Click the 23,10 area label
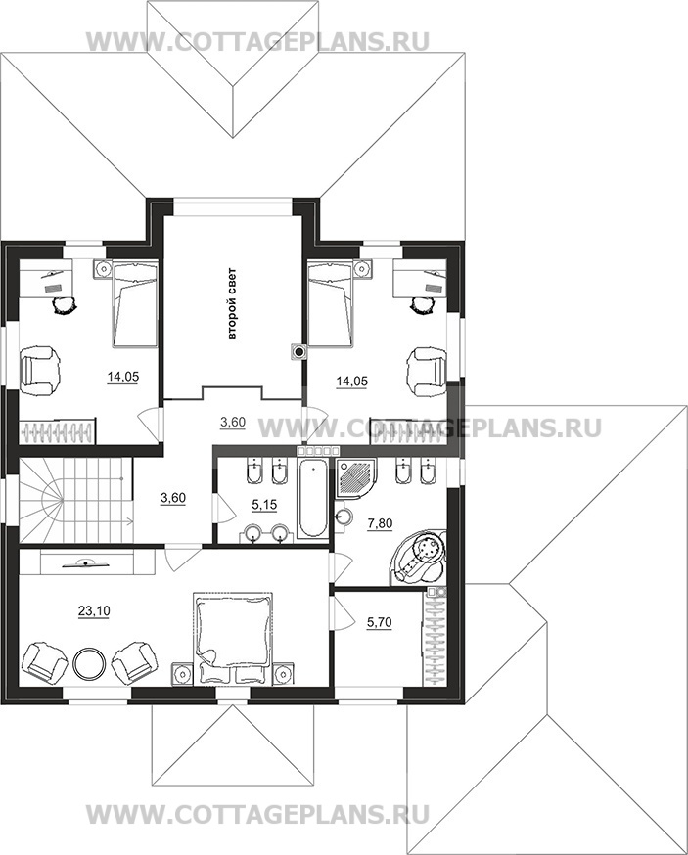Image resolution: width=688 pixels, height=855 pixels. coord(94,611)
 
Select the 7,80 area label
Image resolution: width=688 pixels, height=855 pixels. coord(380,523)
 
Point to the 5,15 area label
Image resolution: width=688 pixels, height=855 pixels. coord(265,505)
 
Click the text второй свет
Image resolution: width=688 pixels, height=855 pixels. coord(232,304)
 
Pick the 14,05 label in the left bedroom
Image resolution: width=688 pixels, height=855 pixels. coord(122,376)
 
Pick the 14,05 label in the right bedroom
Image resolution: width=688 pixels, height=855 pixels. coord(351,382)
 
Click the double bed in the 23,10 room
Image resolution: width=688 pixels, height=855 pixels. coord(233,638)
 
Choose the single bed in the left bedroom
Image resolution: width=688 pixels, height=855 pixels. coord(135,303)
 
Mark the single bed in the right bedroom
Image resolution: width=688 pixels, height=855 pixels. coord(331,303)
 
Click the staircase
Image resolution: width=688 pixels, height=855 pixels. coord(75,500)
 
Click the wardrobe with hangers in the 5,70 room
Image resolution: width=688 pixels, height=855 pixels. coord(435,639)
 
